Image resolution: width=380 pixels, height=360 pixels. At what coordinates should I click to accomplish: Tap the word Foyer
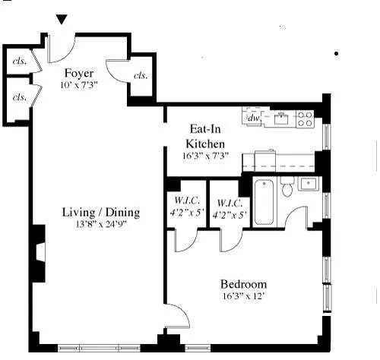78,73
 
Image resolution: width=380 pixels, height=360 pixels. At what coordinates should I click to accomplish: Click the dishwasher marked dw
254,118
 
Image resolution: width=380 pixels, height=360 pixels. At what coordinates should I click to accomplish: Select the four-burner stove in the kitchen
304,118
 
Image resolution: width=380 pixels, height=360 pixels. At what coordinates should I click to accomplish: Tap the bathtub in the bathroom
264,201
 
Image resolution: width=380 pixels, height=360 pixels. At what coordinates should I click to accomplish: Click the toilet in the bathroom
287,187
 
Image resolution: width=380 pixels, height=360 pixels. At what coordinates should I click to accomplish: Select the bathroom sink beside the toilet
307,183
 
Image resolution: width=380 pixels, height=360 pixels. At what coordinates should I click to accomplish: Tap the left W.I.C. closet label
185,209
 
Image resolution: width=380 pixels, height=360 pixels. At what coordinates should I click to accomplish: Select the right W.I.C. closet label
230,209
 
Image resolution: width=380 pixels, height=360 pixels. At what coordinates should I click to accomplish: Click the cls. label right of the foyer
141,76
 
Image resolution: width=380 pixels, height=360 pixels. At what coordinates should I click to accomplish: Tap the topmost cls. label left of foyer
18,62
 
